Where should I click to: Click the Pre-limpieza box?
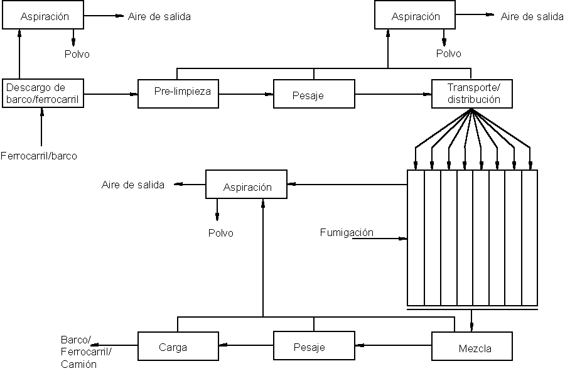click(x=178, y=93)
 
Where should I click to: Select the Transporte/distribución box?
click(x=472, y=94)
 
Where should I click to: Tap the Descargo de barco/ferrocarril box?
click(x=43, y=93)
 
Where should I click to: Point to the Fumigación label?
click(x=347, y=232)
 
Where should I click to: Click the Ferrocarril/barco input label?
click(x=39, y=156)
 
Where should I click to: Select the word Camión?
click(x=79, y=364)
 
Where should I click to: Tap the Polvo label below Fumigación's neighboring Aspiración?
click(x=221, y=233)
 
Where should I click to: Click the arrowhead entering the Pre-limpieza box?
click(x=134, y=94)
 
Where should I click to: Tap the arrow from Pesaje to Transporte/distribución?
click(x=393, y=94)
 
